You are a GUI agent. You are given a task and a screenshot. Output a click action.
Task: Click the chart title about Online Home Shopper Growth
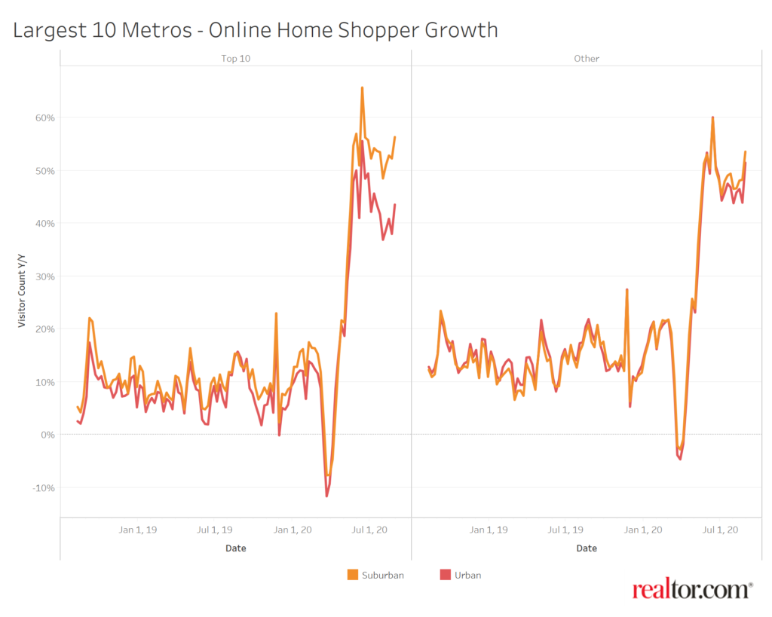click(256, 30)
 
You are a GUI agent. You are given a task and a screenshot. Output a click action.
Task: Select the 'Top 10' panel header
click(236, 58)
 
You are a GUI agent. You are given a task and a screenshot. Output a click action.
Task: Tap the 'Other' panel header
click(587, 58)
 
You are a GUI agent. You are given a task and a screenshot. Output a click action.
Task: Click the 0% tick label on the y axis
click(47, 435)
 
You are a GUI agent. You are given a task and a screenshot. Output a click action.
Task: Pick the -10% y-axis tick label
click(44, 487)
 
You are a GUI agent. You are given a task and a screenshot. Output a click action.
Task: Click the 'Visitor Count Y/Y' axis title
click(23, 291)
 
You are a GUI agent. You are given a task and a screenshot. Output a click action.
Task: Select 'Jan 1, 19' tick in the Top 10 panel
click(138, 530)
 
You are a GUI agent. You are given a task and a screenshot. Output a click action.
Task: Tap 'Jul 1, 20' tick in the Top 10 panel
click(370, 530)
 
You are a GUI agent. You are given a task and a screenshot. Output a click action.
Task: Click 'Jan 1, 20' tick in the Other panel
click(643, 530)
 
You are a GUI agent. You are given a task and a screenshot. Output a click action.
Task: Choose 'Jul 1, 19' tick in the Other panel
click(565, 530)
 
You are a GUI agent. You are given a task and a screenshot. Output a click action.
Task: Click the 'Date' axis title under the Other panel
click(587, 548)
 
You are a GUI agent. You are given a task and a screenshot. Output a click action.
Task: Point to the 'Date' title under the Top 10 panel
click(236, 548)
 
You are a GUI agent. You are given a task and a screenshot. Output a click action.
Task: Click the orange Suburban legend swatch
click(353, 575)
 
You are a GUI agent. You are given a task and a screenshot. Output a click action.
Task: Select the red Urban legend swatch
click(445, 575)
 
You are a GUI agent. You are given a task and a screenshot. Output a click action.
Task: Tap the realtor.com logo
click(692, 590)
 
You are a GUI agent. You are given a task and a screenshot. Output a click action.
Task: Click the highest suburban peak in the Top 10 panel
click(362, 88)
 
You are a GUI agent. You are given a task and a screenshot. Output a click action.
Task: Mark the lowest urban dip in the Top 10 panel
click(326, 496)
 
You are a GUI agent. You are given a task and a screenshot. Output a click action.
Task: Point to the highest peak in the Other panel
click(712, 118)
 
